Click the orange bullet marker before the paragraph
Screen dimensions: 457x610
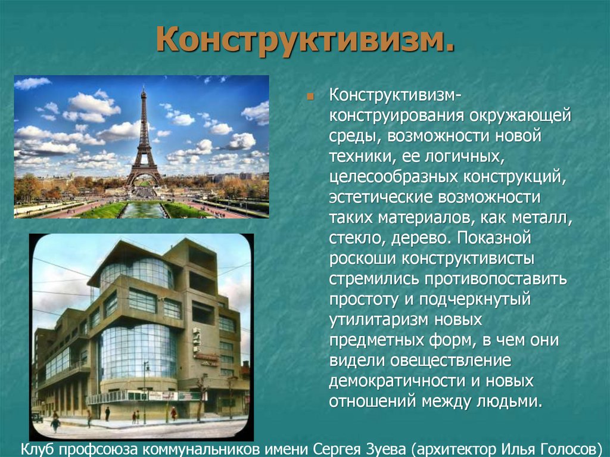pyautogui.click(x=310, y=95)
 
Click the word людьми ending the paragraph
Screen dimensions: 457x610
pyautogui.click(x=511, y=401)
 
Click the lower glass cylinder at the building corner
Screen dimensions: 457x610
pyautogui.click(x=138, y=351)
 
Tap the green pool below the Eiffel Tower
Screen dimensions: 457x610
pyautogui.click(x=142, y=210)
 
